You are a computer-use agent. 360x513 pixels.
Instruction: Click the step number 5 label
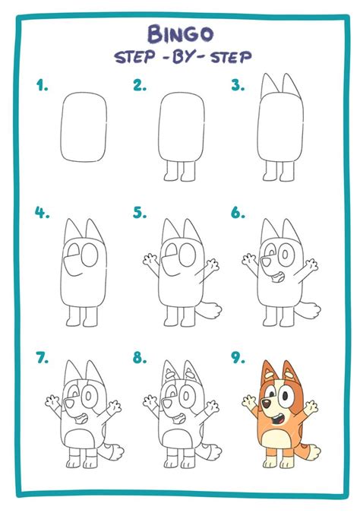click(139, 214)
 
